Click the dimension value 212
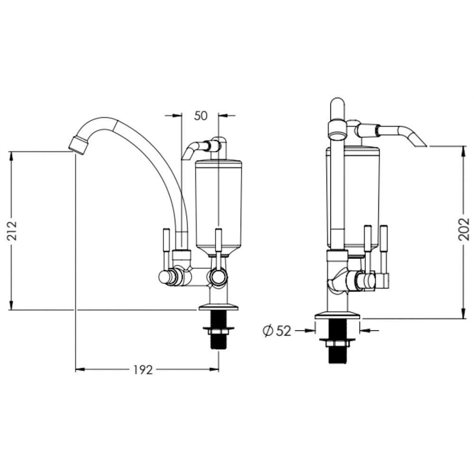pos(13,230)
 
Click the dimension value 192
pos(142,370)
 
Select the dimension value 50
pos(201,115)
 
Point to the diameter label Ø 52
pos(277,331)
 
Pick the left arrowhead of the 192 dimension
pos(79,370)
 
